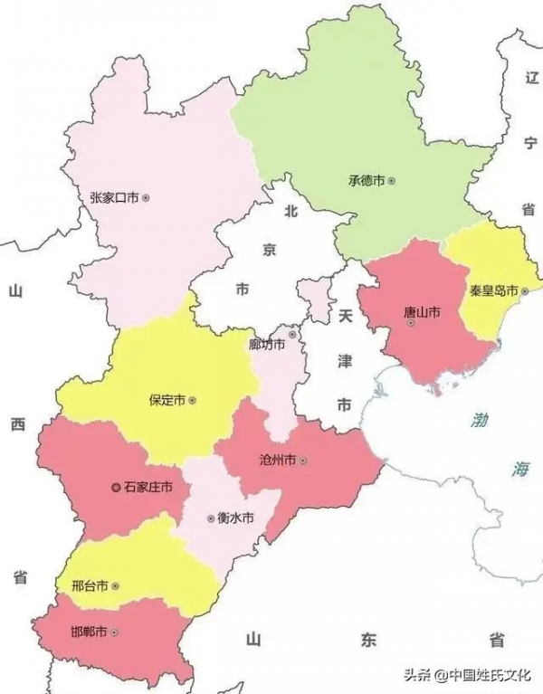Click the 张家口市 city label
[115, 196]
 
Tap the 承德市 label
[367, 180]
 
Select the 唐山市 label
[421, 312]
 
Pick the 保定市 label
[167, 399]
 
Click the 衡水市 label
[233, 518]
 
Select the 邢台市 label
[90, 585]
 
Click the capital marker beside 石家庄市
[115, 488]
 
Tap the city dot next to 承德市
[392, 180]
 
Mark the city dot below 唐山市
[412, 324]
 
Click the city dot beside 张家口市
[146, 196]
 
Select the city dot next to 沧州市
[303, 461]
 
